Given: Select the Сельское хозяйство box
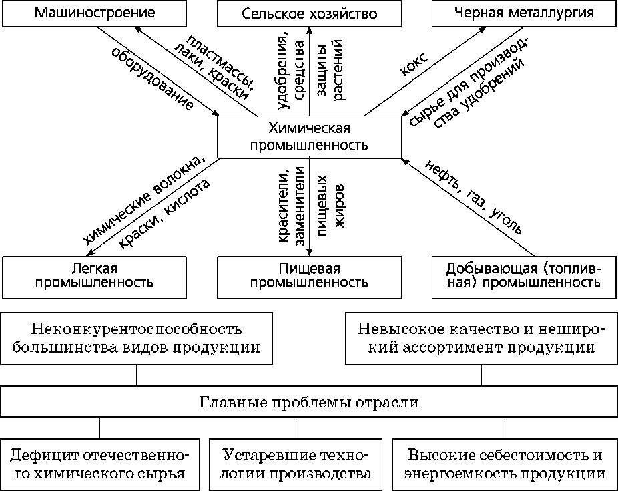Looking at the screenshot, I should [309, 13].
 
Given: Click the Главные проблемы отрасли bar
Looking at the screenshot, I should [309, 403].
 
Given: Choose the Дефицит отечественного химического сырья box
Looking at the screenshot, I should [99, 465].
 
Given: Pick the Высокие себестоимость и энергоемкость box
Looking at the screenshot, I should [505, 465].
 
